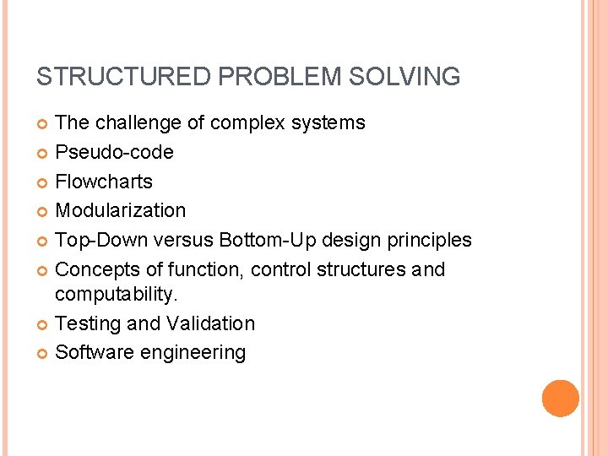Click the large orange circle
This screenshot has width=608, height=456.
[x=560, y=399]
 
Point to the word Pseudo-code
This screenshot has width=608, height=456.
[x=114, y=153]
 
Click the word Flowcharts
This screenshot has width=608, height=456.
[x=104, y=182]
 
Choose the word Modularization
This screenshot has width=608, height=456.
[x=120, y=210]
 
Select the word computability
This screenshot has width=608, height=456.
[x=117, y=295]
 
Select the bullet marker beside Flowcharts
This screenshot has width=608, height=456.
[x=43, y=182]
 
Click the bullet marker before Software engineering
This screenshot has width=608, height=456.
[x=43, y=353]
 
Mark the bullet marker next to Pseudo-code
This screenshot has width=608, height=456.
[x=43, y=153]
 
